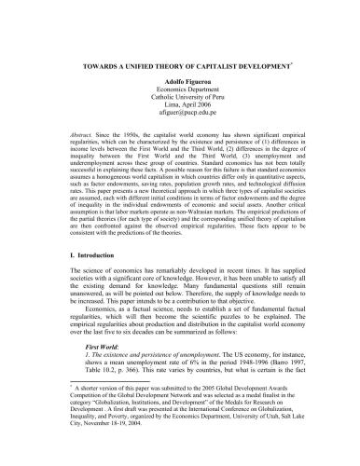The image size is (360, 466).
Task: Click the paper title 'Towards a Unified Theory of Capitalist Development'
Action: pyautogui.click(x=178, y=67)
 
